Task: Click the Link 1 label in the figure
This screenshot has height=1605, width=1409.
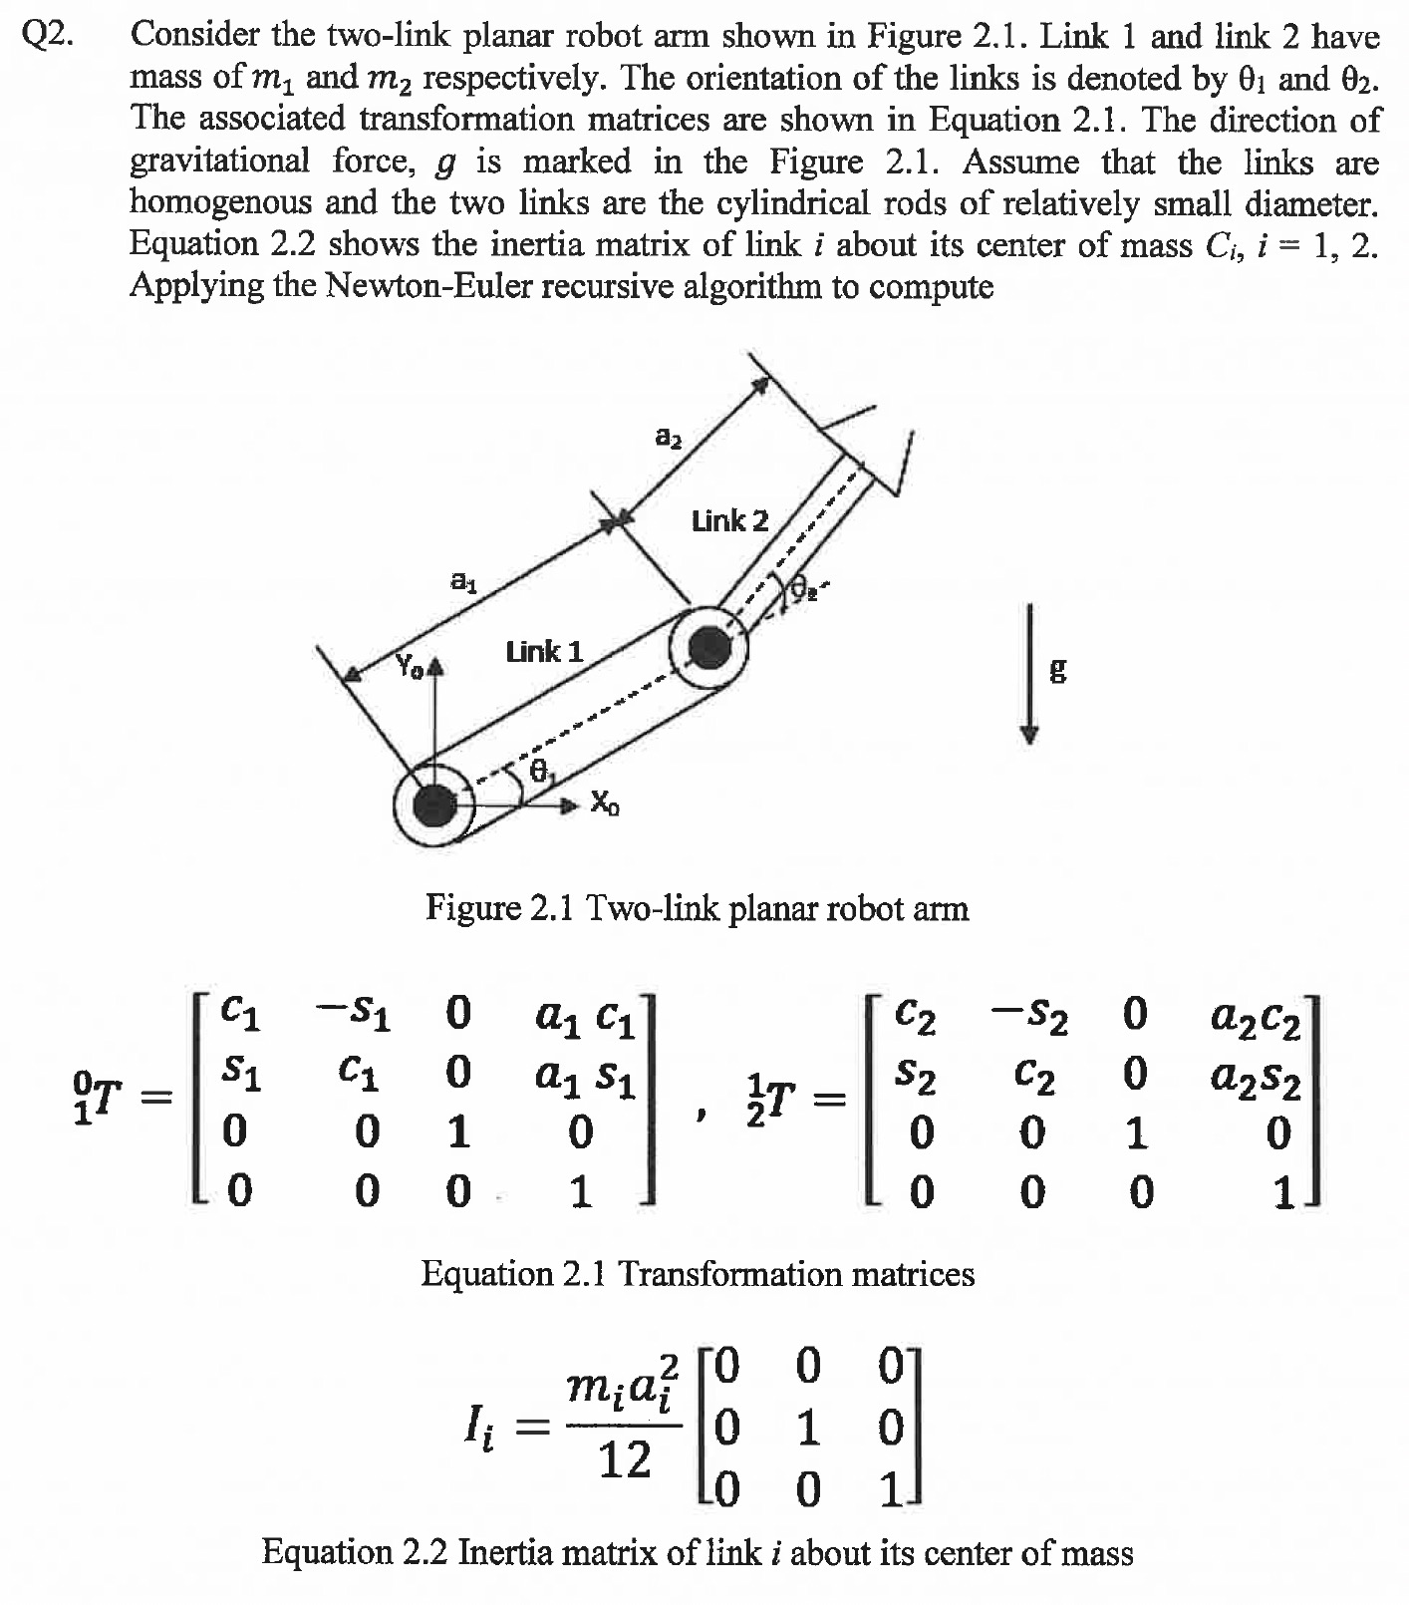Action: [544, 652]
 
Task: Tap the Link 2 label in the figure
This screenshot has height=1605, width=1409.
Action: [730, 520]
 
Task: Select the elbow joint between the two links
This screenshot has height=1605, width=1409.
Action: [708, 647]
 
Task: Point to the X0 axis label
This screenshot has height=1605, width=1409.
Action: [604, 802]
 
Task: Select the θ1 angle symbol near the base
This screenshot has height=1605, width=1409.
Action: [540, 771]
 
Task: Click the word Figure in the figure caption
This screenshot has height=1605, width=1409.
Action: [473, 908]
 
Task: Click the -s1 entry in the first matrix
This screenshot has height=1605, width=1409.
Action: [354, 1015]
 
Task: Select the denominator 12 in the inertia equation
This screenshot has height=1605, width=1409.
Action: [625, 1460]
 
